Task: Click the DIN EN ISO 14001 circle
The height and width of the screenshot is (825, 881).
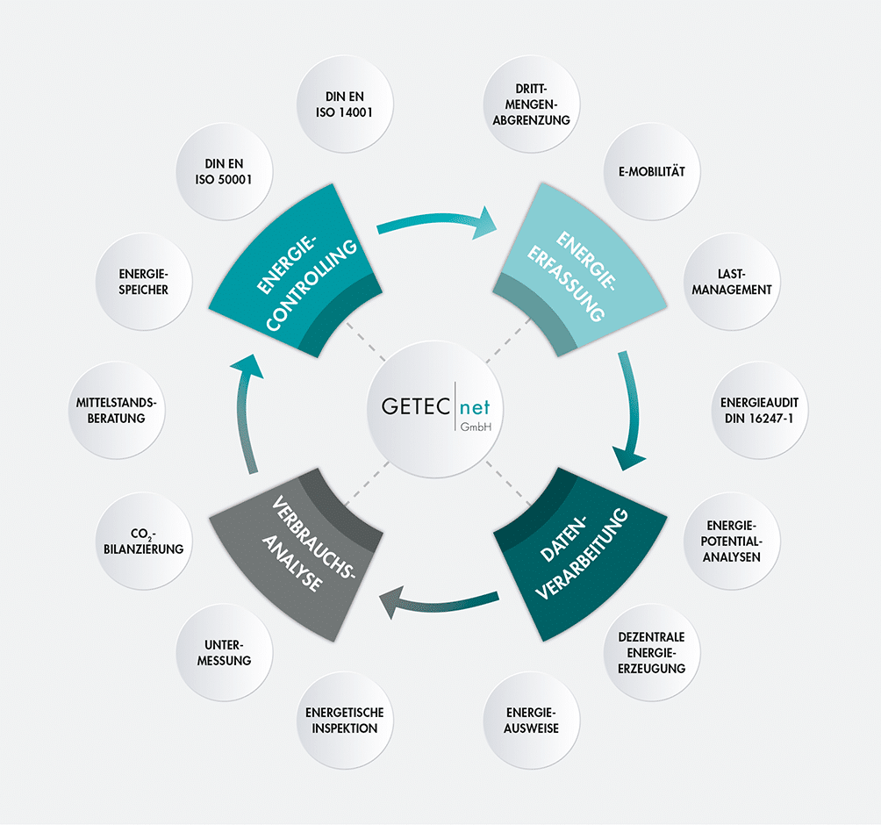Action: pos(345,104)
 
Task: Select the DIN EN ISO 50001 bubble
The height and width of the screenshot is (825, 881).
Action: pos(224,171)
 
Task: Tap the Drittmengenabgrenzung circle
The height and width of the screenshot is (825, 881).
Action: pos(531,104)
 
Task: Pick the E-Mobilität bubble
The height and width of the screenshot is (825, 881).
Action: pos(652,171)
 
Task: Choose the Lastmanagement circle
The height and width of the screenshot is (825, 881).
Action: pos(732,282)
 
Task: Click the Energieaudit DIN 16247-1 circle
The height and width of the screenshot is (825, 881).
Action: pos(759,410)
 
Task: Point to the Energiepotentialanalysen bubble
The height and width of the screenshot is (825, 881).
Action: pos(732,542)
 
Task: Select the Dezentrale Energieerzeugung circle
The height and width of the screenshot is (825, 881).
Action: pos(652,652)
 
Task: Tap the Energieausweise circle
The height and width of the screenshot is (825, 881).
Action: pos(531,721)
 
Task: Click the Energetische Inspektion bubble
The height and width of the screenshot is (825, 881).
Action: pos(345,721)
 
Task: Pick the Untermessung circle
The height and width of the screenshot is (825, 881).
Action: pos(224,652)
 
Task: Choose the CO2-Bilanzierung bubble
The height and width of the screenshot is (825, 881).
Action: pos(144,542)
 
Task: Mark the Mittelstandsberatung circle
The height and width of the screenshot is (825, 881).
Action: pos(117,410)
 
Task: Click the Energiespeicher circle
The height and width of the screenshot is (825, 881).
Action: pos(144,282)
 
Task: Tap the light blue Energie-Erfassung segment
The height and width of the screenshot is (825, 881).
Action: pos(579,276)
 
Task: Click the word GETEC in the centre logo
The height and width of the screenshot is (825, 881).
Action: pos(416,406)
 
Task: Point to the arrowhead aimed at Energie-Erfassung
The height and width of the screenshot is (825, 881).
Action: pos(484,223)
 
